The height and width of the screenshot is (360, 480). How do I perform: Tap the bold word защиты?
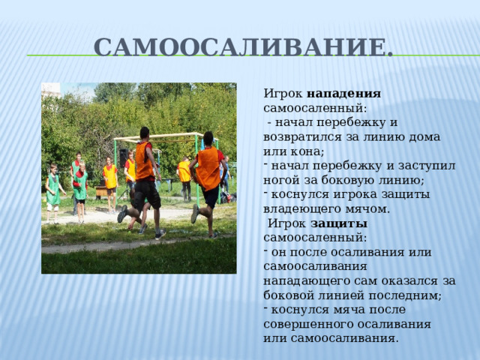click(339, 223)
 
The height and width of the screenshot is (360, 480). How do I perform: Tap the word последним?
click(403, 295)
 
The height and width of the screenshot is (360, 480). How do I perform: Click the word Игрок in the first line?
click(283, 94)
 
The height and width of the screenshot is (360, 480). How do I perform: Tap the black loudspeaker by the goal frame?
click(123, 157)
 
